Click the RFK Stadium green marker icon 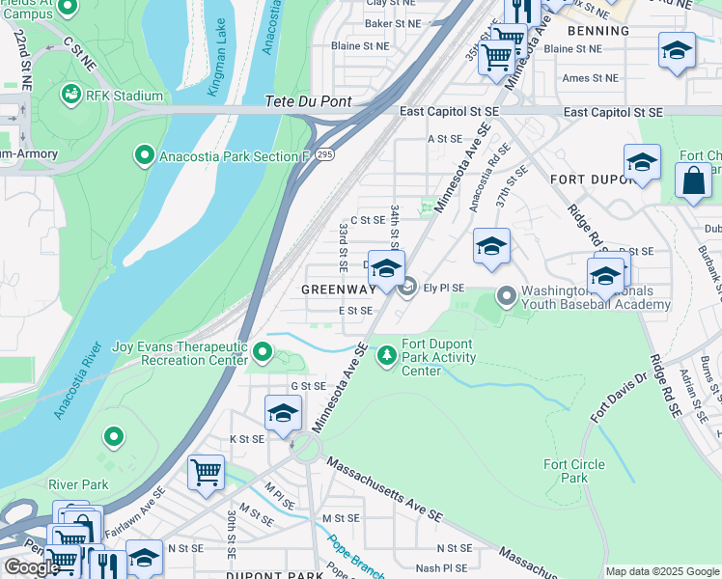coord(70,95)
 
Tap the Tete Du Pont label coord(306,101)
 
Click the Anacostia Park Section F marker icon coord(145,154)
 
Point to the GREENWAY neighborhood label coord(338,289)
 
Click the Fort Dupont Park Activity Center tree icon coord(387,356)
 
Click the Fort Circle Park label coord(574,471)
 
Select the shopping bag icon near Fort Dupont coord(693,180)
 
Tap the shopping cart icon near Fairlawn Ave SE coord(206,473)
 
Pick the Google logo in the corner coord(31,567)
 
